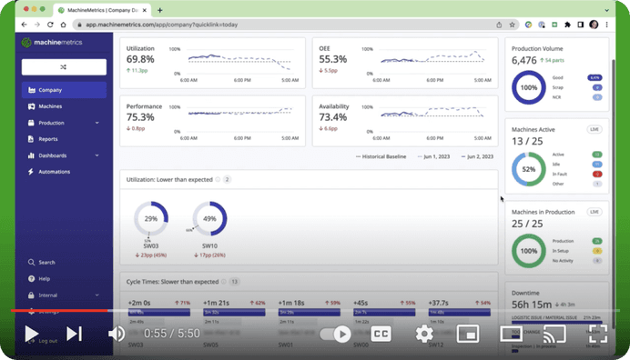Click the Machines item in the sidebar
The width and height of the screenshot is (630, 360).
click(50, 106)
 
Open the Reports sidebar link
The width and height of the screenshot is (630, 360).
click(47, 139)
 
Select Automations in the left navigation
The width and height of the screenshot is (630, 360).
click(54, 172)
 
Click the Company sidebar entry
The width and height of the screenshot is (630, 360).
click(50, 90)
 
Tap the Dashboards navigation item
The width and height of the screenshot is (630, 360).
click(52, 155)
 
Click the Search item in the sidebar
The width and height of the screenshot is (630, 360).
click(46, 262)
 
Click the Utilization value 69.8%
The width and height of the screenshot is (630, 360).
click(140, 58)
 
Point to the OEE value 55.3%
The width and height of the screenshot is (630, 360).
click(332, 58)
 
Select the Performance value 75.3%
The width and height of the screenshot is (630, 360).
click(140, 117)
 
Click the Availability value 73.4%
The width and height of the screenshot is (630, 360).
click(333, 117)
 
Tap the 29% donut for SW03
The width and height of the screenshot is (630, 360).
click(151, 219)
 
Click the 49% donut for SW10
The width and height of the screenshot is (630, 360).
click(209, 219)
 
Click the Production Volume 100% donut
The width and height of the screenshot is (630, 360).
click(529, 88)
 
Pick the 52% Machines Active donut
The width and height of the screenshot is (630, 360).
click(529, 169)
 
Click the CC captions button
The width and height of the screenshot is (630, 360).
click(381, 334)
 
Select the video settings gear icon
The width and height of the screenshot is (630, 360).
click(424, 334)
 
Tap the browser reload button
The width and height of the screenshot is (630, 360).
click(50, 25)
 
